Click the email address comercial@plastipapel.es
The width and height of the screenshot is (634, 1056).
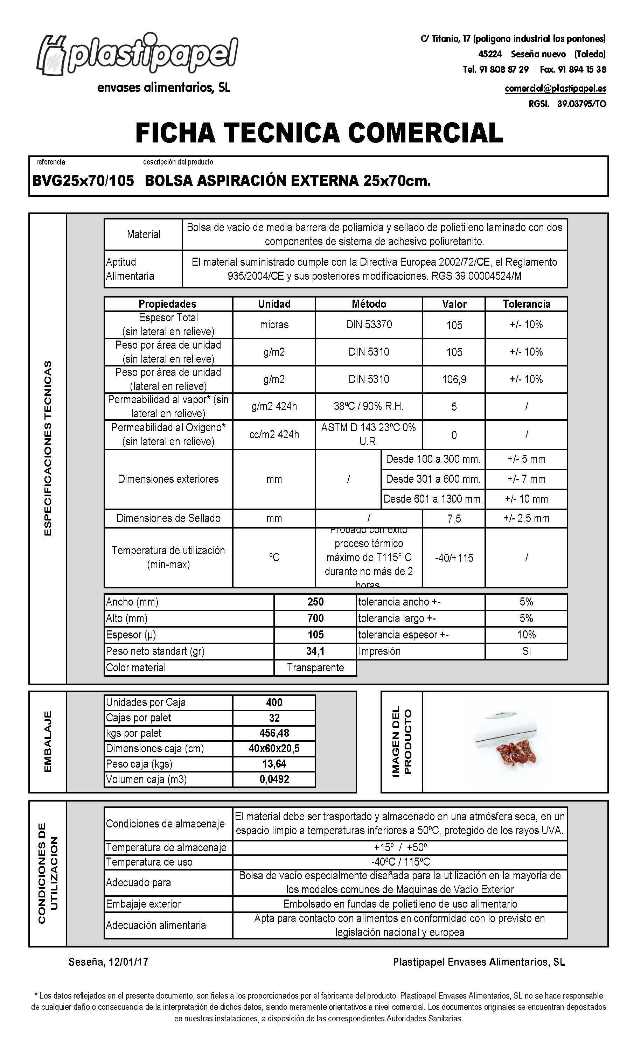tap(555, 89)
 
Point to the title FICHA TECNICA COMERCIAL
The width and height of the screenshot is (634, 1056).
tap(319, 133)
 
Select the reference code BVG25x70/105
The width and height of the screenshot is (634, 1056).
tap(83, 181)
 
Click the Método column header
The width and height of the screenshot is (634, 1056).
tap(369, 304)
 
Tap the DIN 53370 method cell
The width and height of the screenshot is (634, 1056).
tap(369, 325)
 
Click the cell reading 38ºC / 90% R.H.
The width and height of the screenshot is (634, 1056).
tap(369, 406)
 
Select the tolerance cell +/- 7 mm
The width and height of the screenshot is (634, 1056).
tap(526, 479)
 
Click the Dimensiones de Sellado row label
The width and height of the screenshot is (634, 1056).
tap(168, 518)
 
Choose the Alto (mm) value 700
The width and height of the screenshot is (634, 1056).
tap(315, 618)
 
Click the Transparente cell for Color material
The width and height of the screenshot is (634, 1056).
tap(315, 668)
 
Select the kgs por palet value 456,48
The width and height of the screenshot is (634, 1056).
tap(274, 733)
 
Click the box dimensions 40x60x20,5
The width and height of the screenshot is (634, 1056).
tap(274, 749)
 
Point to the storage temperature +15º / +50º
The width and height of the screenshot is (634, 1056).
tap(400, 848)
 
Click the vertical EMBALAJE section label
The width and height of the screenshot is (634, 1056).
tap(48, 741)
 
